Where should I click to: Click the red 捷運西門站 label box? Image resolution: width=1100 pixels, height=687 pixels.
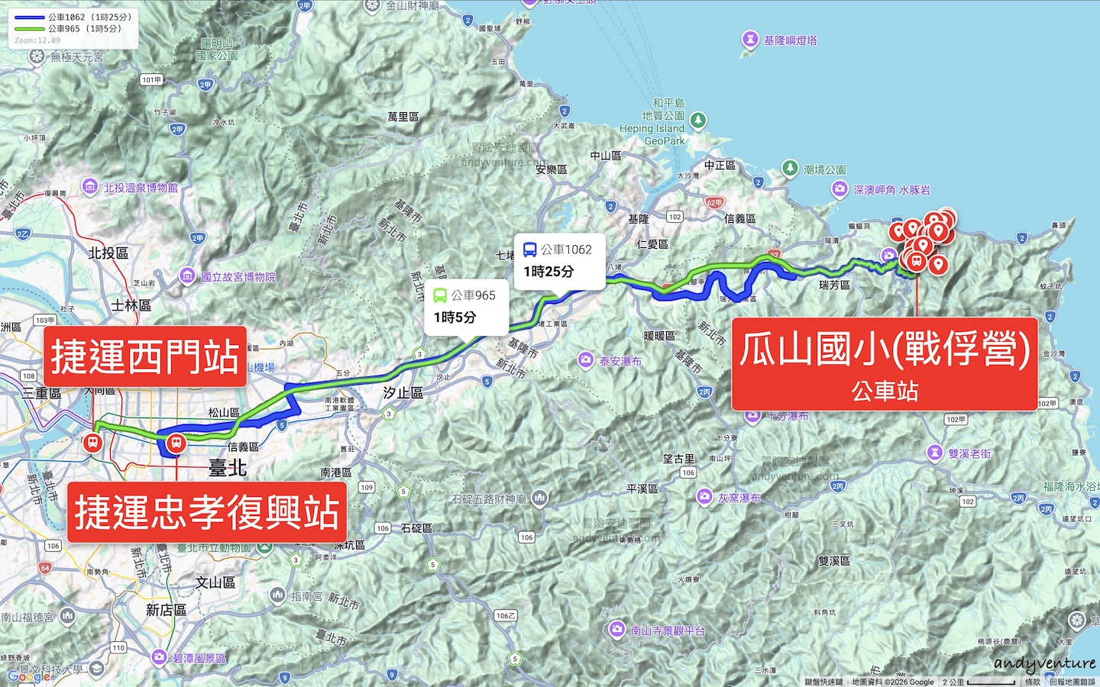pos(145,356)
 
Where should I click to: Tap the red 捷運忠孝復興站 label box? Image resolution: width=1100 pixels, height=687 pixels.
pos(207,512)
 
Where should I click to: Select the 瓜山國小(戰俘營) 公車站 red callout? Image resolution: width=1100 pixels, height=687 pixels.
pos(885,364)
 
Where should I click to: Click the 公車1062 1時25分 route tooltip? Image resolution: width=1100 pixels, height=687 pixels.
pos(558,261)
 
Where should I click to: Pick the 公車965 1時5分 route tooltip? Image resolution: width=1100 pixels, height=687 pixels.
pos(466,306)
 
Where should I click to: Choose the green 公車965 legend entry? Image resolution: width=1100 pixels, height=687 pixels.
pos(68,29)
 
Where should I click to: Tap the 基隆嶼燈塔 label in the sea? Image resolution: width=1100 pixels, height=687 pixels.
pos(789,40)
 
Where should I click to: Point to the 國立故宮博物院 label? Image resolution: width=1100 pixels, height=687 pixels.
pos(238,276)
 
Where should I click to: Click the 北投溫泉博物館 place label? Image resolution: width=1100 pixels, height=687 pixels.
pos(140,188)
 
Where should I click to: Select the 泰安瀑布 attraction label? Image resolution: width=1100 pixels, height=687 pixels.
pos(620,361)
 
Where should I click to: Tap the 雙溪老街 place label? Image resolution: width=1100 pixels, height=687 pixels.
pos(969,453)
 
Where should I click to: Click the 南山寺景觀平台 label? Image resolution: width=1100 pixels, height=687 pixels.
pos(667,631)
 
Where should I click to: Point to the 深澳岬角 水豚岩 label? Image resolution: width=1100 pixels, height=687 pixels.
pos(891,190)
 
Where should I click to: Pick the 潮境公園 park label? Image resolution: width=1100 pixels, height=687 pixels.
pos(824,169)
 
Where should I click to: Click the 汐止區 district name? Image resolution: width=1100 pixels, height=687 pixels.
pos(403,392)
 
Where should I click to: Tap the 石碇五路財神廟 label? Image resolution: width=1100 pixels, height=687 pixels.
pos(489,499)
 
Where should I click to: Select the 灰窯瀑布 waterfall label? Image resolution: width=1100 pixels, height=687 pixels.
pos(738,498)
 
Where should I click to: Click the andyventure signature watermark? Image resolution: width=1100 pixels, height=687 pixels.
pos(1045,664)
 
